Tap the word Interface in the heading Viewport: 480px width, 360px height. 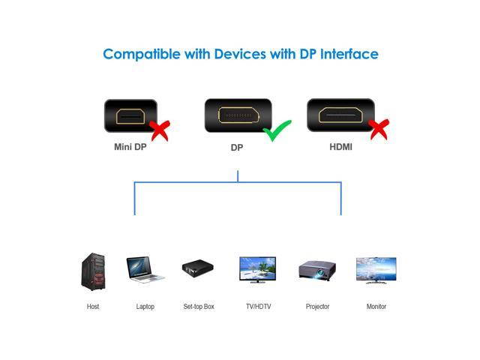[x=349, y=54]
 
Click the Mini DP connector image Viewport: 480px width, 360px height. [x=129, y=116]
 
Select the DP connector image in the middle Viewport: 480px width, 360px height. [x=237, y=115]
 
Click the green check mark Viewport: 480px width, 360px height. [x=278, y=132]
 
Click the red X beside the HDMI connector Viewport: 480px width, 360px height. [x=379, y=129]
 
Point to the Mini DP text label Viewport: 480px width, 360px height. [x=130, y=147]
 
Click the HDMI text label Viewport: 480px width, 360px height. [x=340, y=147]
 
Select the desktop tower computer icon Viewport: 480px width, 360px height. [x=93, y=271]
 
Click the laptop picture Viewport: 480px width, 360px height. [x=145, y=269]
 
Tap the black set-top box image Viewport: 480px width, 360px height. [x=198, y=268]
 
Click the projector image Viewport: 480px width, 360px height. [x=316, y=269]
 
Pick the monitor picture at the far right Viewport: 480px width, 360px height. [x=376, y=271]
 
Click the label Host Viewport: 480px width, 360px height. [x=93, y=307]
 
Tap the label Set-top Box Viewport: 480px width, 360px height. [x=199, y=307]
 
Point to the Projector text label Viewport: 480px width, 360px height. [x=317, y=307]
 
